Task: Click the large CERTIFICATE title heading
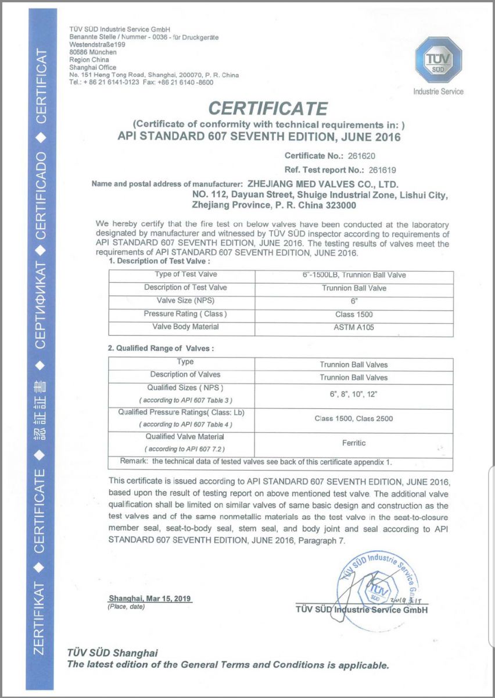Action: coord(268,108)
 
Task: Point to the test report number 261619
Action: coord(381,170)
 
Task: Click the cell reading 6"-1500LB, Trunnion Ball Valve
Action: coord(354,275)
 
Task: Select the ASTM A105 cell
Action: coord(354,327)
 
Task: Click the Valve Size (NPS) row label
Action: coord(181,301)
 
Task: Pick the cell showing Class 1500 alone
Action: coord(354,314)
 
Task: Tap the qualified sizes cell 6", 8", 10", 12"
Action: coord(354,394)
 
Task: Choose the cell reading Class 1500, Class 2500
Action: coord(354,419)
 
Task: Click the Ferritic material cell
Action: coord(354,443)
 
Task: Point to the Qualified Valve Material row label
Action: coord(181,437)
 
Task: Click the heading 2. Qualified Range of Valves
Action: coord(162,348)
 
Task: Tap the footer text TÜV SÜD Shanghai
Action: coord(112,653)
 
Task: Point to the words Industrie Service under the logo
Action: coord(438,91)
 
